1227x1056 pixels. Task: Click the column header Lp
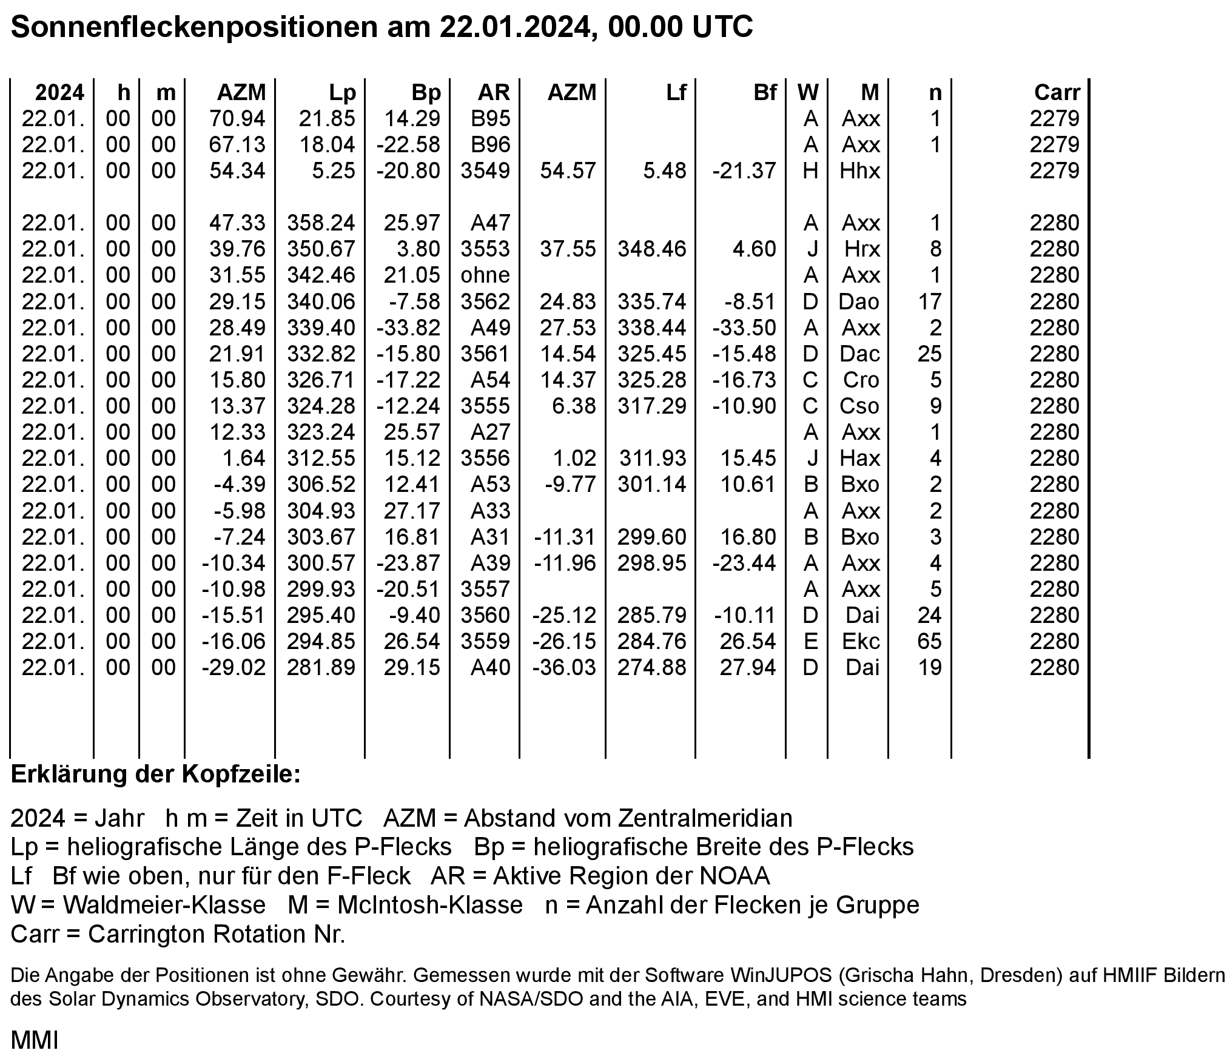point(342,93)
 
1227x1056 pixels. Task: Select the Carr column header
point(1057,93)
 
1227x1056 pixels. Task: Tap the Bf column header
point(765,93)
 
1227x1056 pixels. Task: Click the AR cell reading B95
point(491,119)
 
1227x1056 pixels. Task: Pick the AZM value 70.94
point(237,119)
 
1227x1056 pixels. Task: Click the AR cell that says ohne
point(485,275)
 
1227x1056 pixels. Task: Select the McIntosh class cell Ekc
point(861,642)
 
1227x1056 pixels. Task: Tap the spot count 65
point(929,642)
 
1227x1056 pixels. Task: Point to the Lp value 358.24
point(321,223)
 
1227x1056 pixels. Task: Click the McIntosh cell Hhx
point(859,171)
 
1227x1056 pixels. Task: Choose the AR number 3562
point(485,301)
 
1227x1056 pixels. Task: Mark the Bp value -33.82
point(408,328)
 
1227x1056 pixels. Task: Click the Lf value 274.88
point(652,668)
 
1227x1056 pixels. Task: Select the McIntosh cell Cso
point(859,406)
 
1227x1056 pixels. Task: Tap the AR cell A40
point(491,668)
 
